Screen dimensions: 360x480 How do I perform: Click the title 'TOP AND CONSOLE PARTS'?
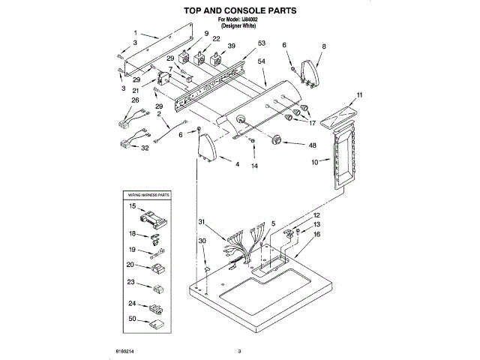[240, 11]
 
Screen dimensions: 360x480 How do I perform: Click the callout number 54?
[262, 61]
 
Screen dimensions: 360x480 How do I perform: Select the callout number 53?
[261, 43]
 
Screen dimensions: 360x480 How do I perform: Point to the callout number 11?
[359, 94]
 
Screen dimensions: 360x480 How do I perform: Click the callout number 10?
[315, 161]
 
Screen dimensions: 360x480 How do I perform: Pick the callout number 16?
[316, 235]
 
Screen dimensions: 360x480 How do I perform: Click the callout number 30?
[202, 240]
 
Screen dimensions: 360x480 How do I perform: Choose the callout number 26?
[135, 100]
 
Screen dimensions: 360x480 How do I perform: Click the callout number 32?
[145, 148]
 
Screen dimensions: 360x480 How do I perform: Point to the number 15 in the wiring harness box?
[132, 205]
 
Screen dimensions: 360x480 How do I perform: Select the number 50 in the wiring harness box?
[132, 319]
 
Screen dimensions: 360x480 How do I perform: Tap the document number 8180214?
[126, 350]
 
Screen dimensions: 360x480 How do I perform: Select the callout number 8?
[324, 46]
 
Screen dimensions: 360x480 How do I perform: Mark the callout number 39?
[231, 46]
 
